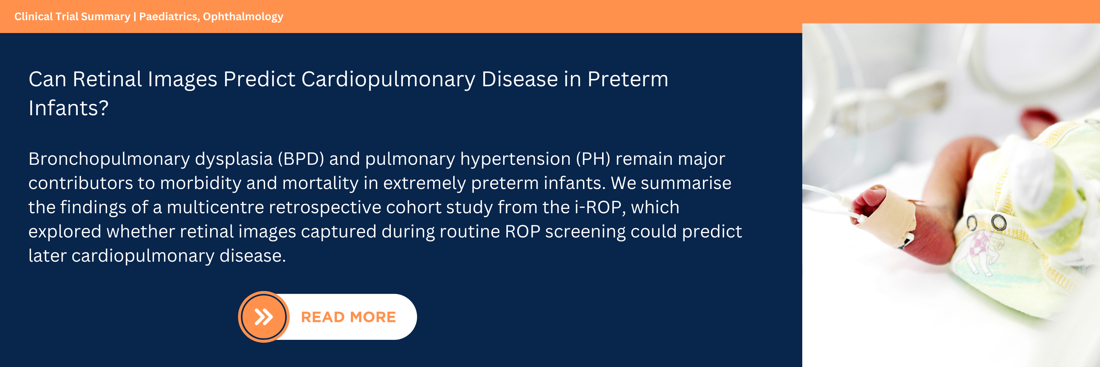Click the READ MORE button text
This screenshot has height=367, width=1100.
348,317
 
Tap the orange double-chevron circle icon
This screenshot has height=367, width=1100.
264,317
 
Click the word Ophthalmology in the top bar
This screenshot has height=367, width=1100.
243,17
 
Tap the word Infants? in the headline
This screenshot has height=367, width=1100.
68,108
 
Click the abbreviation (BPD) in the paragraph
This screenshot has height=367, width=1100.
301,159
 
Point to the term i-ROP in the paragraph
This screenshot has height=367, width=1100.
600,207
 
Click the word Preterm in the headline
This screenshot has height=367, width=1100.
628,80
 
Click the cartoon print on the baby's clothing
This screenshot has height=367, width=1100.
982,252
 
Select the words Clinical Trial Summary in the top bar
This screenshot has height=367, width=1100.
72,17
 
